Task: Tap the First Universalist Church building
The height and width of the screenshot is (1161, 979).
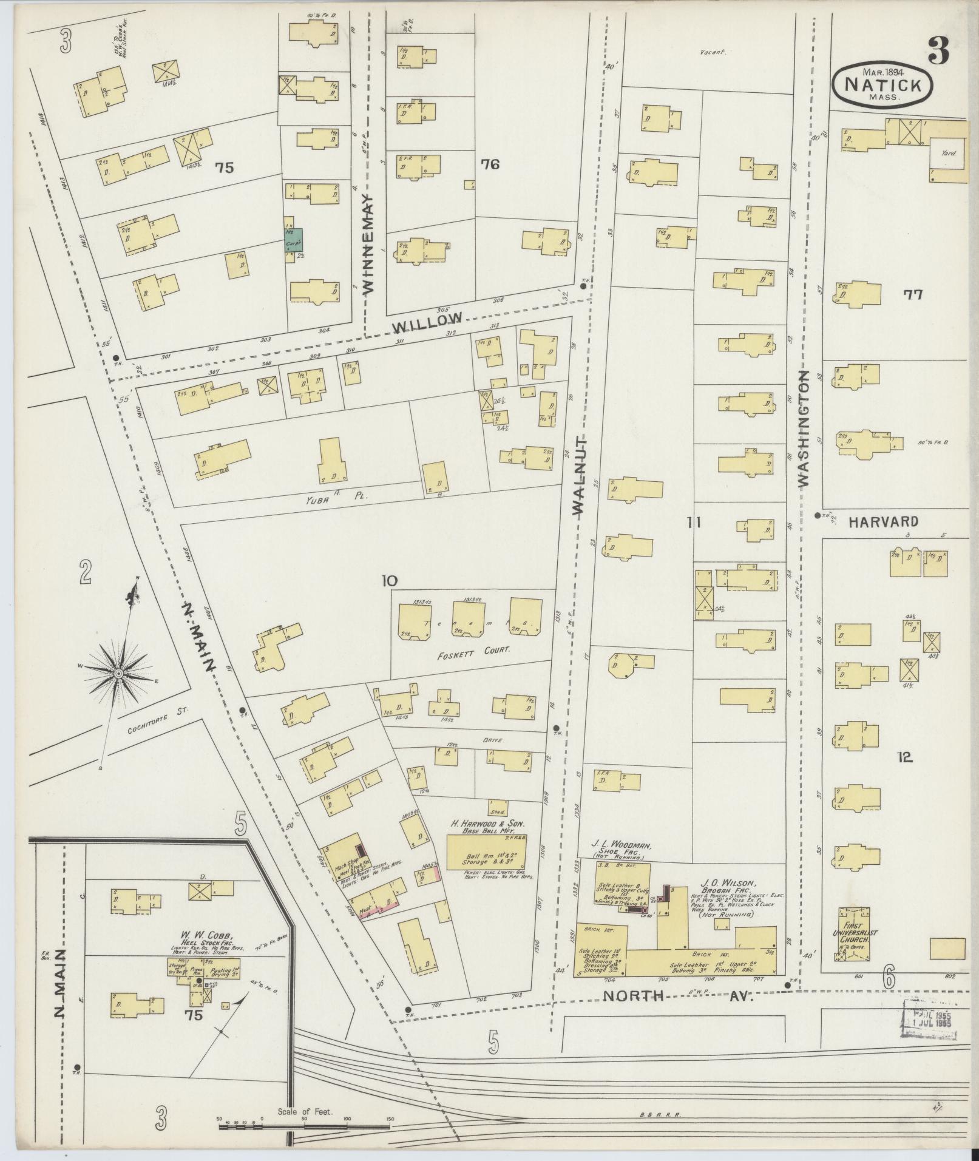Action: pos(854,943)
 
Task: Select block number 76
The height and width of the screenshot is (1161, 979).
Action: pos(489,164)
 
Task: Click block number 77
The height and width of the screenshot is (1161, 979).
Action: pos(913,295)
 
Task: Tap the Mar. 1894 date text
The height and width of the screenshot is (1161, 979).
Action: pos(883,70)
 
